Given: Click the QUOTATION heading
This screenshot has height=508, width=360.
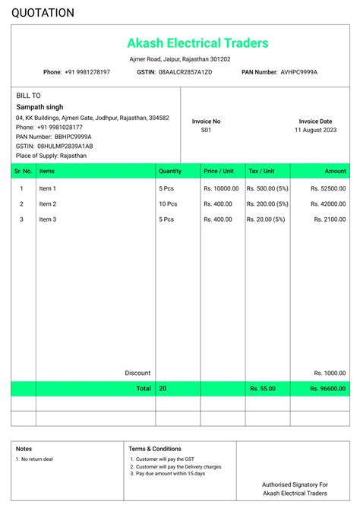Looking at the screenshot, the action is (x=43, y=13).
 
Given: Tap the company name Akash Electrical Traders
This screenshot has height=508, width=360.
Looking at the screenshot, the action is (x=197, y=43).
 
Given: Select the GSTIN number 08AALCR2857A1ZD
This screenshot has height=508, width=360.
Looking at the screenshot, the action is (x=185, y=72).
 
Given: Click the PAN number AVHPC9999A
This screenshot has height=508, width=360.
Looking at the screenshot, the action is (x=299, y=72).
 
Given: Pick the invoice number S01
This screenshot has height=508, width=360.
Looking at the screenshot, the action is (x=206, y=130).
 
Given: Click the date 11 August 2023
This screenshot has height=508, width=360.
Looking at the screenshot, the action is (x=315, y=130).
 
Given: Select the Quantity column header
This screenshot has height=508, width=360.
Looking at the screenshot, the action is (x=170, y=172).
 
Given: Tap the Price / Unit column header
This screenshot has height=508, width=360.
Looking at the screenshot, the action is (x=219, y=172).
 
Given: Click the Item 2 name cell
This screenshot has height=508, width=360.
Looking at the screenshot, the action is (x=48, y=204).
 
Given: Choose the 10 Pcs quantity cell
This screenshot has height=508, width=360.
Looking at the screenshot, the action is (x=168, y=204).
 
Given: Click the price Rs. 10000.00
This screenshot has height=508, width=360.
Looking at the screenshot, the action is (x=221, y=188).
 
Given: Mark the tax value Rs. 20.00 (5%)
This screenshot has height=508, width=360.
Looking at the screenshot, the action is (x=267, y=219).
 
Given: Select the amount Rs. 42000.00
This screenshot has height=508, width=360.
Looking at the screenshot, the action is (x=328, y=204).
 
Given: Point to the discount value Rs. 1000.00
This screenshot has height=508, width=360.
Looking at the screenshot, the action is (x=330, y=373).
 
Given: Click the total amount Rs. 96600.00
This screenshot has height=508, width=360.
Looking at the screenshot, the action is (x=328, y=388).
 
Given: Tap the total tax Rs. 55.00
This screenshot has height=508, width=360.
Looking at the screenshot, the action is (x=263, y=388).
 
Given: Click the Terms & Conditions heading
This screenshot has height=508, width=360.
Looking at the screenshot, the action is (x=155, y=449).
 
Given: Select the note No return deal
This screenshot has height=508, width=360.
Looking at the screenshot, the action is (x=36, y=459).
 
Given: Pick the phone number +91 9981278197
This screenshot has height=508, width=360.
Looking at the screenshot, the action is (x=87, y=72).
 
